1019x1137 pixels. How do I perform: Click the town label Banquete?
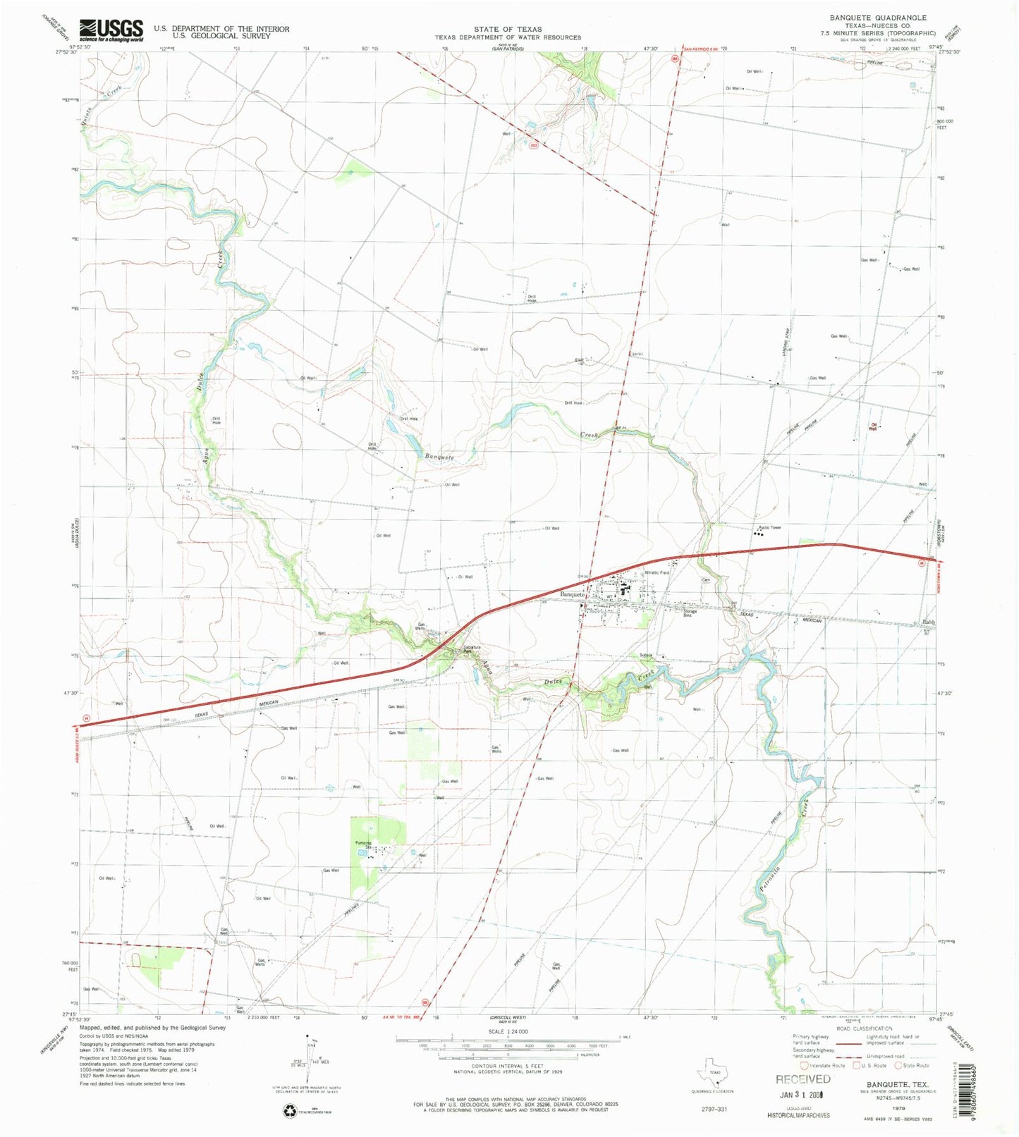(x=573, y=594)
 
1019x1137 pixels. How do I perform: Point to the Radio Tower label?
(x=770, y=527)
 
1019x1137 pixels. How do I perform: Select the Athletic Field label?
(x=657, y=572)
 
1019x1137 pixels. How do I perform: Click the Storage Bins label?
(x=690, y=613)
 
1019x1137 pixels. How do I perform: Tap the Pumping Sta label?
(x=362, y=844)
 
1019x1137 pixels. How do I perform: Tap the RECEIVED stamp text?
(x=803, y=1079)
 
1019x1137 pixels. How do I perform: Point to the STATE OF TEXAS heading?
(x=507, y=30)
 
